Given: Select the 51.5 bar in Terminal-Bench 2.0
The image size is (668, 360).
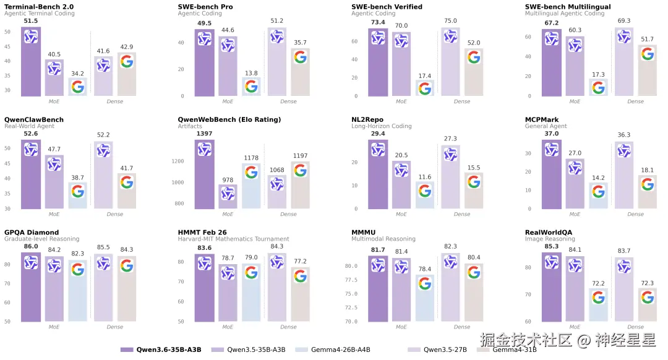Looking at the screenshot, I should [31, 62].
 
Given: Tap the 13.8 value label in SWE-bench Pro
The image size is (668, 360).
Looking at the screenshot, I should [251, 73].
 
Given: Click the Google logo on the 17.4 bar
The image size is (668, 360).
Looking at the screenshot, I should [425, 88].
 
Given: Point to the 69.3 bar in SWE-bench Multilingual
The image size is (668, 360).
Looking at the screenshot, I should [623, 62].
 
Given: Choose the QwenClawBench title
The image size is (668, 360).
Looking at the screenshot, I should [34, 119].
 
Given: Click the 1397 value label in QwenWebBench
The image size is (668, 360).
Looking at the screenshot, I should [205, 134].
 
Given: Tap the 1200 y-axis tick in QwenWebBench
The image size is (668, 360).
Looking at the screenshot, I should [179, 161].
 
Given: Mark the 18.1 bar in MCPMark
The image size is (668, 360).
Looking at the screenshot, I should [647, 192].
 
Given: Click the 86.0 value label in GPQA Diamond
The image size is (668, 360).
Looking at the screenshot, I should [31, 246].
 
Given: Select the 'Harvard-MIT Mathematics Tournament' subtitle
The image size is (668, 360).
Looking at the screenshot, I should [233, 239].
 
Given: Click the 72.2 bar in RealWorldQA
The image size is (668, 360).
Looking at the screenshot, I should [598, 305].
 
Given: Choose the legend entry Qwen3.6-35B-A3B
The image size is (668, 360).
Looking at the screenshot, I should [168, 349].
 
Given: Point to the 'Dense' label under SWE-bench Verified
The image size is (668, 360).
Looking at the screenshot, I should [462, 101].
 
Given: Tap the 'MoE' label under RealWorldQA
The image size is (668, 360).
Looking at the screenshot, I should [575, 327].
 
